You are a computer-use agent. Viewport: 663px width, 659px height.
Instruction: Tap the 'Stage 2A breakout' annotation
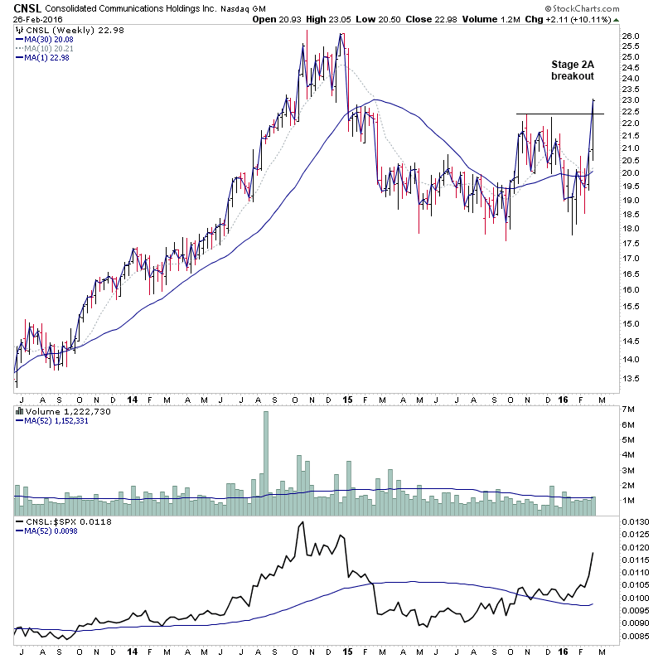click(x=573, y=70)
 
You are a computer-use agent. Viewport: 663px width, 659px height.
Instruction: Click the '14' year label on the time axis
click(x=133, y=652)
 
